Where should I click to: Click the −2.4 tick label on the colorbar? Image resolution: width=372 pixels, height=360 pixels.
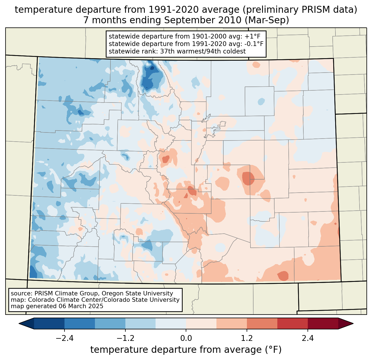(x=64, y=338)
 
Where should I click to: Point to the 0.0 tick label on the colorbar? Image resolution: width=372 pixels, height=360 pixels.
(x=186, y=338)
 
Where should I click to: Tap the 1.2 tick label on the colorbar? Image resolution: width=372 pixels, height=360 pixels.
(x=247, y=338)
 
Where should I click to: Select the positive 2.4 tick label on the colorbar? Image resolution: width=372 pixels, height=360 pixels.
(x=308, y=338)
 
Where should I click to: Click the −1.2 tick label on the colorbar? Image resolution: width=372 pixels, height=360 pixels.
(x=125, y=338)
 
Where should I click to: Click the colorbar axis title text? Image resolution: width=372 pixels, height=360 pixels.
(x=186, y=350)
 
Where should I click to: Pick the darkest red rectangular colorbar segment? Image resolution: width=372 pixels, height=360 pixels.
(x=323, y=323)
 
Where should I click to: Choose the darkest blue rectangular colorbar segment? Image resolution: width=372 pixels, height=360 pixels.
(x=49, y=323)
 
